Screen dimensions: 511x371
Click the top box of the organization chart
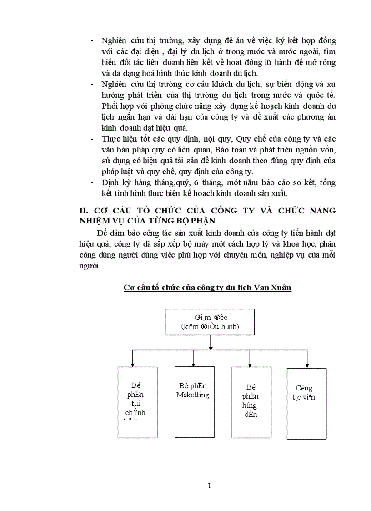(x=210, y=322)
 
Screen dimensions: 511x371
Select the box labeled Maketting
(x=193, y=402)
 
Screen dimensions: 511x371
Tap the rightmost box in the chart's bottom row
(x=306, y=404)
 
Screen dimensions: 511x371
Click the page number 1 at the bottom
(x=209, y=485)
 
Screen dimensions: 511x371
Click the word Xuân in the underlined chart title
(x=281, y=288)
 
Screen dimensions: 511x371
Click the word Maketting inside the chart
(x=193, y=395)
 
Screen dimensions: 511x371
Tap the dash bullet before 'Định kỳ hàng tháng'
(x=93, y=182)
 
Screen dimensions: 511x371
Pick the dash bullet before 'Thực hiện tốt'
(x=93, y=139)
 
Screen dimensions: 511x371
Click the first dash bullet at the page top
(x=93, y=40)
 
